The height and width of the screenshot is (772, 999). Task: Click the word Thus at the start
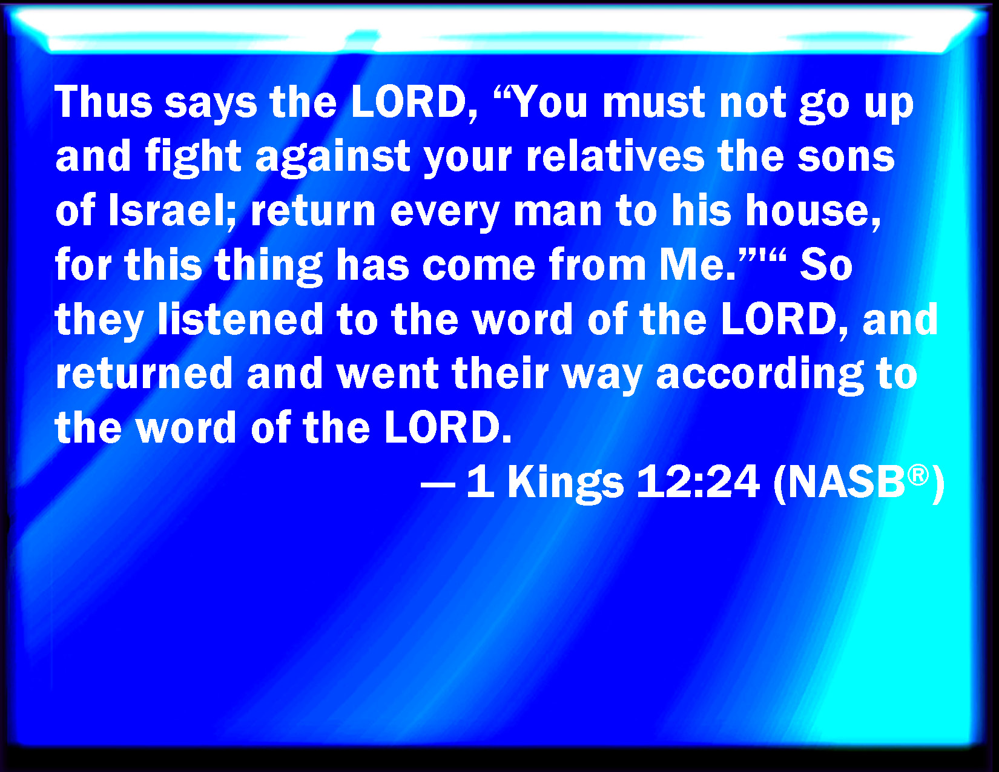(x=104, y=102)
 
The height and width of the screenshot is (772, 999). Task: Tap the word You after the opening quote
(x=551, y=102)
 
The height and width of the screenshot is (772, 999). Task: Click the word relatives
(x=615, y=156)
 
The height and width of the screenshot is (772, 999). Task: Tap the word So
(x=826, y=264)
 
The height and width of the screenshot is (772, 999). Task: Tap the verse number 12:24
(x=698, y=481)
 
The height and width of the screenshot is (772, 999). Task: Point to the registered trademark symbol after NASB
(x=918, y=475)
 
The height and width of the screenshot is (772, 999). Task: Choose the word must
(x=654, y=103)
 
